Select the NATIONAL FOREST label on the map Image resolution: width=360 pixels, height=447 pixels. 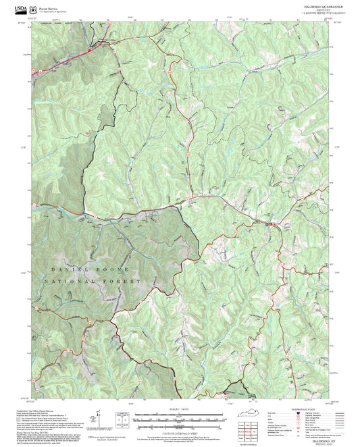tap(92, 280)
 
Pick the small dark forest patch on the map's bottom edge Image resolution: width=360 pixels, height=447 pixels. tap(236, 390)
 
